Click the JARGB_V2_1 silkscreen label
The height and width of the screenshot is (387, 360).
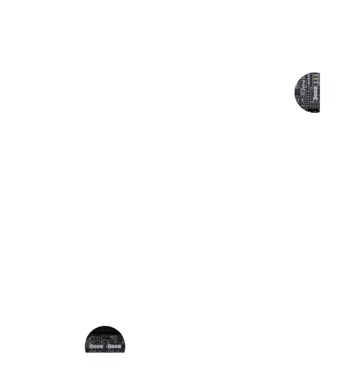click(97, 351)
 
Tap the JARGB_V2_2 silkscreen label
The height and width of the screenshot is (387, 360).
click(114, 351)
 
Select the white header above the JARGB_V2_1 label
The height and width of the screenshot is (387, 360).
click(96, 347)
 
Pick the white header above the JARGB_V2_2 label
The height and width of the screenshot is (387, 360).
click(114, 347)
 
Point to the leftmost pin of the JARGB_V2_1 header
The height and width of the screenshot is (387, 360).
click(91, 347)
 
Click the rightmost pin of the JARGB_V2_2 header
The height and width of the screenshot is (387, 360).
click(119, 347)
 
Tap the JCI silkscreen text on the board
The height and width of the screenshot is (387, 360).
click(98, 337)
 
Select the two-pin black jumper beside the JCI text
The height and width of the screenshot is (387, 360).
click(105, 336)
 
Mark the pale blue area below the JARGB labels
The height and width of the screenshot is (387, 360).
click(105, 358)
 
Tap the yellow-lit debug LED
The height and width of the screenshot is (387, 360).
click(316, 79)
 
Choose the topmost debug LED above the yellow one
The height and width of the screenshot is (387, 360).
click(316, 75)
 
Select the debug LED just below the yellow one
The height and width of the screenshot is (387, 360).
click(316, 82)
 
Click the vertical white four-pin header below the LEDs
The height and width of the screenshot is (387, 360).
click(316, 93)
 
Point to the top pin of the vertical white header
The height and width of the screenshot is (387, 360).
click(316, 88)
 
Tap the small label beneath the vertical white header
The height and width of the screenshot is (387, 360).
click(315, 102)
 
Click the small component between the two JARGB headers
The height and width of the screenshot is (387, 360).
click(106, 346)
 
